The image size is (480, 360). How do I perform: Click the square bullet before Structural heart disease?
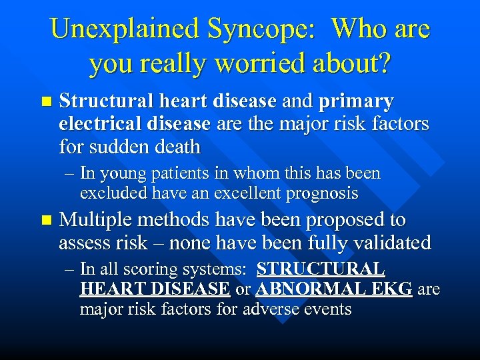pyautogui.click(x=45, y=102)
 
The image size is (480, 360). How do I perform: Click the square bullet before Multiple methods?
pyautogui.click(x=45, y=220)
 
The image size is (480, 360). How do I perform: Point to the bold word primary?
pyautogui.click(x=357, y=102)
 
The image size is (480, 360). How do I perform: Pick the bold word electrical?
pyautogui.click(x=97, y=123)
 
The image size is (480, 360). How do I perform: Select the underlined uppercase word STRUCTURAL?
pyautogui.click(x=321, y=269)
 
